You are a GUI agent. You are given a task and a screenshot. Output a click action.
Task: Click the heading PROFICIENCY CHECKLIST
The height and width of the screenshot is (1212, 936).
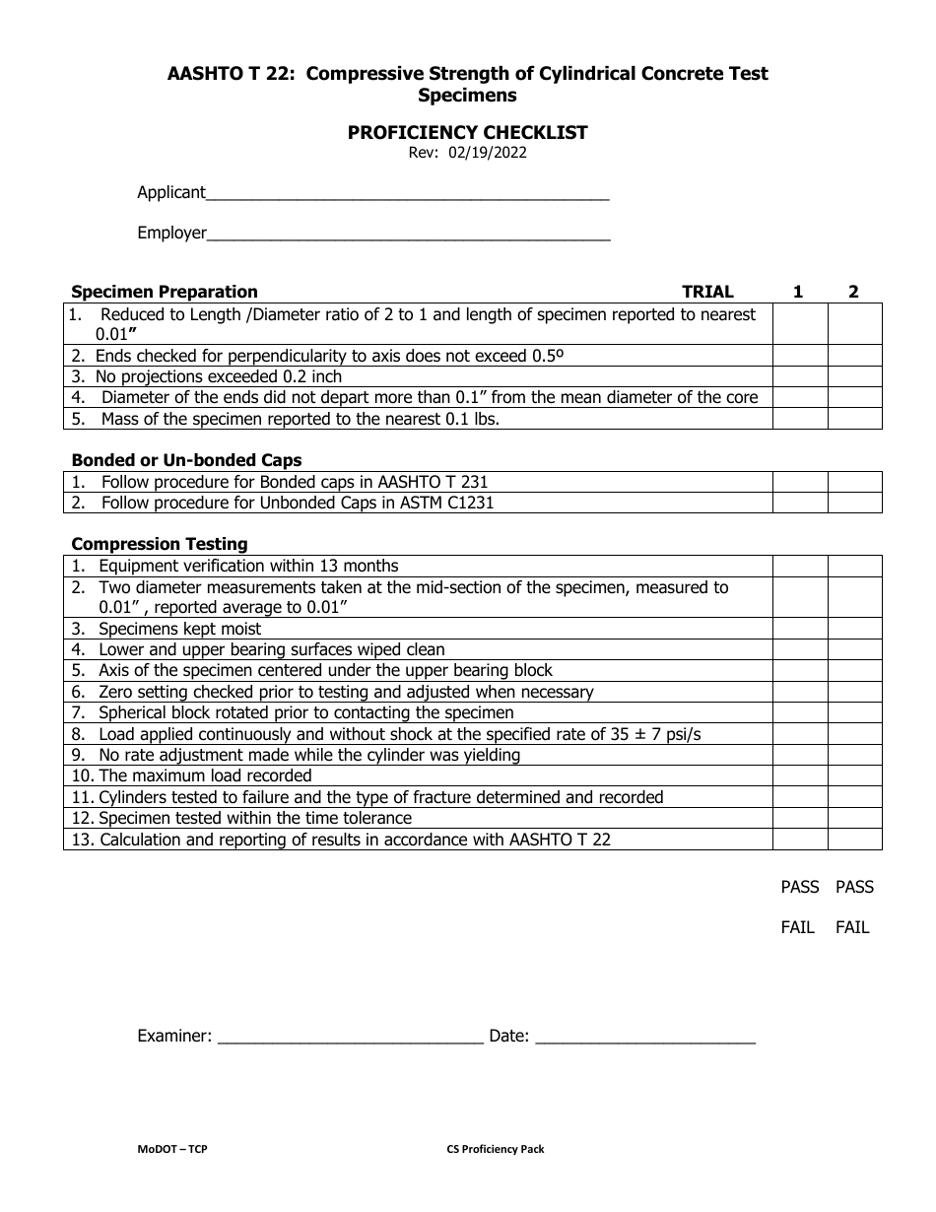(467, 132)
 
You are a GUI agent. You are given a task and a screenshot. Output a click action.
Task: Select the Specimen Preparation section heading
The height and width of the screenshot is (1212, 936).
(165, 292)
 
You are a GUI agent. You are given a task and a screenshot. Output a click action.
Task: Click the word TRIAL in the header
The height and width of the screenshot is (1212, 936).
(707, 292)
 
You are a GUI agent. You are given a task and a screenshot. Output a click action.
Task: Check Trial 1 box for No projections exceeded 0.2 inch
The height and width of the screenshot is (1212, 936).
(799, 376)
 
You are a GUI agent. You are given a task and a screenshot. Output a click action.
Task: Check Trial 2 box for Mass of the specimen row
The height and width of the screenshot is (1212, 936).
(854, 419)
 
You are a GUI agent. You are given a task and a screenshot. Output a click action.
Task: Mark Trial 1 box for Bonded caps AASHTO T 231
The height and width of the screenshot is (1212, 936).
(799, 482)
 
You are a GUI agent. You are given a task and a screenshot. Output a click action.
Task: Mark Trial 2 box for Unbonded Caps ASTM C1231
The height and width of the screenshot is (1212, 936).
(854, 503)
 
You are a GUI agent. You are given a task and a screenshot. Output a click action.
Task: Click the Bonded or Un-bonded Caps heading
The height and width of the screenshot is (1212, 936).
(186, 460)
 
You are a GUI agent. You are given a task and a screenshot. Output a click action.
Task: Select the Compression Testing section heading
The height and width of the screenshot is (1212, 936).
(160, 544)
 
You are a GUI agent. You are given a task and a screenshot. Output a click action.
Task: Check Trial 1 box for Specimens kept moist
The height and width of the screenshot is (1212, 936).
(799, 629)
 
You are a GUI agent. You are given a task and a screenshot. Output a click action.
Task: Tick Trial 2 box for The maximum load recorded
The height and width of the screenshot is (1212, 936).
(854, 775)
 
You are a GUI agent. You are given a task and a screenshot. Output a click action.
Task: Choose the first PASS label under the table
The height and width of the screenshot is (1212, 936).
(799, 887)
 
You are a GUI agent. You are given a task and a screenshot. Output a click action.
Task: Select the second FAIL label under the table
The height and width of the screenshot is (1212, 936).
(852, 927)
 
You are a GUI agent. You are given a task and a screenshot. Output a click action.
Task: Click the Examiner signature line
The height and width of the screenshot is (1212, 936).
(350, 1037)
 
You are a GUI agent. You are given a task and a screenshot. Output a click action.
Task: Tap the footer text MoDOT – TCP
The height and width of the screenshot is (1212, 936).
(172, 1149)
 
